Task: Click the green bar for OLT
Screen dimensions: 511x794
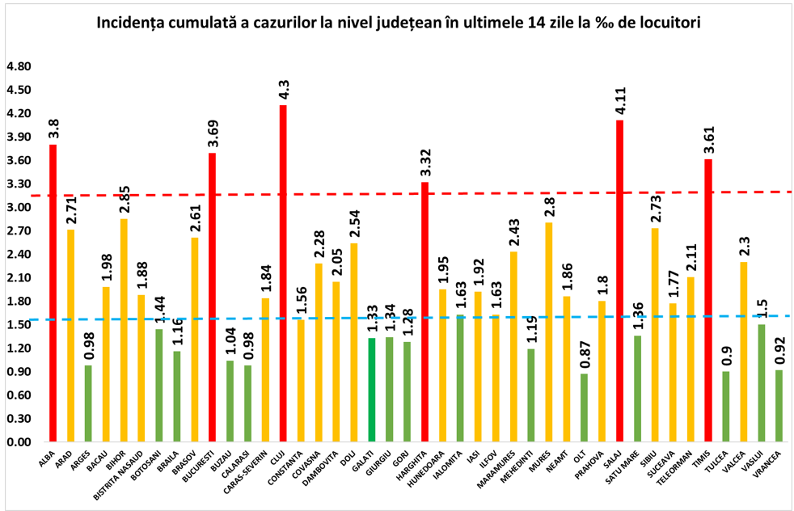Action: click(x=584, y=408)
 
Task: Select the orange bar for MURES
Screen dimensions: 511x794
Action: click(x=548, y=332)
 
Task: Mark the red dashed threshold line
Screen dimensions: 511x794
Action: click(x=485, y=193)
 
